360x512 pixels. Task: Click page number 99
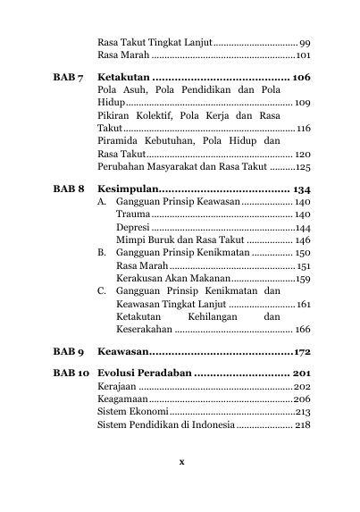(305, 43)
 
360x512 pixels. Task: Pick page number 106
(300, 78)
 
